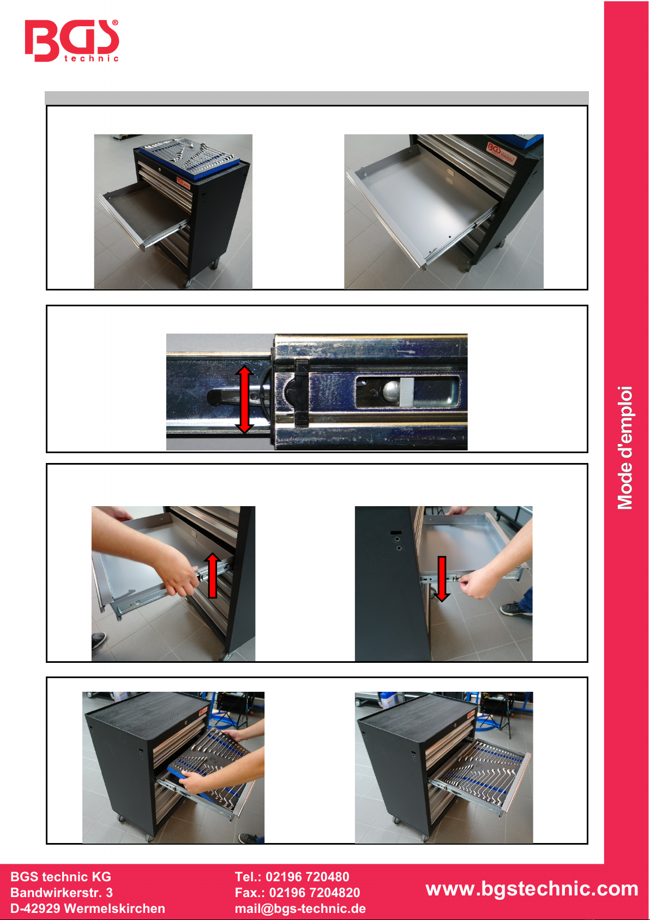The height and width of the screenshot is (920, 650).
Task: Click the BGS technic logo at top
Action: pos(72,40)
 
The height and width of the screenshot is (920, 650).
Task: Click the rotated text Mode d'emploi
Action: pos(625,448)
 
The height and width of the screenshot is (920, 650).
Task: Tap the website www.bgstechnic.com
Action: pos(532,888)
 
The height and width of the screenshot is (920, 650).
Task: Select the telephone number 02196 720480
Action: pos(307,876)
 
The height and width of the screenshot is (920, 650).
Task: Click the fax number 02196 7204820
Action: pos(314,892)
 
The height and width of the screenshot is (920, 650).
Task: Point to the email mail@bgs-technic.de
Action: pos(300,908)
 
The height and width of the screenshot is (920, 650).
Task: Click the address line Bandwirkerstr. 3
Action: pos(62,892)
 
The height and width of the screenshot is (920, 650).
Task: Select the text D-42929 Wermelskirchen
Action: pos(88,908)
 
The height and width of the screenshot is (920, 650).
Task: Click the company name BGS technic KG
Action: pos(61,876)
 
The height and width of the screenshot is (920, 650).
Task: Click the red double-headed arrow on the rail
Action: pos(244,400)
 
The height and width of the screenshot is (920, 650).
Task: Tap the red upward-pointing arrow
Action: pos(213,575)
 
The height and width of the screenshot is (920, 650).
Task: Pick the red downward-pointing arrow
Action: pos(442,579)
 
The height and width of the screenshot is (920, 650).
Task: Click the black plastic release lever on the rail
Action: pos(301,392)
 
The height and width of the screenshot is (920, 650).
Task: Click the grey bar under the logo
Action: pos(317,98)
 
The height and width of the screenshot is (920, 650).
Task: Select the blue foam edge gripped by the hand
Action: pos(180,772)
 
